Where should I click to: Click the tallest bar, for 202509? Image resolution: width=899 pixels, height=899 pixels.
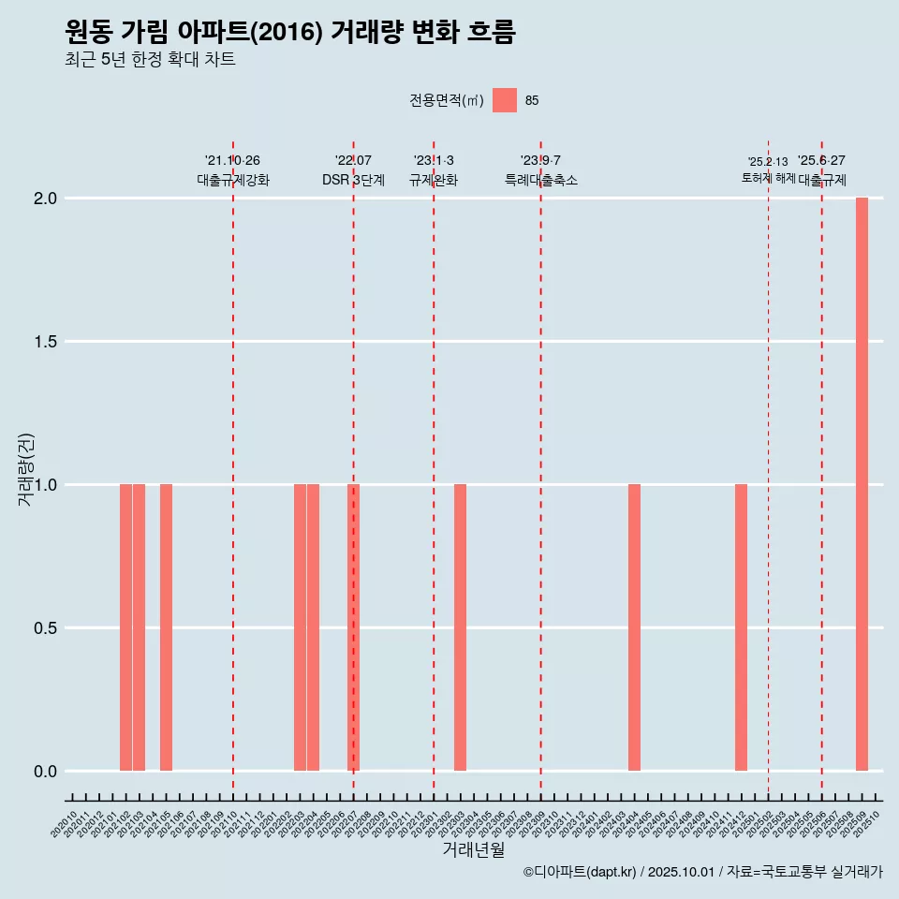click(862, 484)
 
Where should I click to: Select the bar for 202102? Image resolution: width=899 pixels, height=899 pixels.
click(125, 627)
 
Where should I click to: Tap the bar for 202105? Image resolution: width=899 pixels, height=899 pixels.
click(166, 627)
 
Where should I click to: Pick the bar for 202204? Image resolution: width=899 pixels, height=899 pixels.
click(313, 627)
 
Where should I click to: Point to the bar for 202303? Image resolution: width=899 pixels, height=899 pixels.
click(460, 627)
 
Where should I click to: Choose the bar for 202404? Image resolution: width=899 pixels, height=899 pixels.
click(634, 627)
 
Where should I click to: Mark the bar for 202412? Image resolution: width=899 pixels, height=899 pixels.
click(741, 627)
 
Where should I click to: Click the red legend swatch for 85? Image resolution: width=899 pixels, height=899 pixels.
click(505, 100)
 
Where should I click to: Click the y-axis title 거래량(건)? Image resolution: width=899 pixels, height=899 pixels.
click(26, 469)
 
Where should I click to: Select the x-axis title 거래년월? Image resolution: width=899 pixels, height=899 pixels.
click(473, 850)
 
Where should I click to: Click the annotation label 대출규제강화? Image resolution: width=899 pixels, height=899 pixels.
click(233, 180)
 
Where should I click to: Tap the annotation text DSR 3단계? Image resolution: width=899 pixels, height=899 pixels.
click(353, 180)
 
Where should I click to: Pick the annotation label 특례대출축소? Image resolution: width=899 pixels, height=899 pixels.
click(540, 180)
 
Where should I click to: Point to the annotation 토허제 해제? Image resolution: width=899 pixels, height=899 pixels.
click(768, 178)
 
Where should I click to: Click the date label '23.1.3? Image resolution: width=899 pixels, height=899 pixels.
click(434, 160)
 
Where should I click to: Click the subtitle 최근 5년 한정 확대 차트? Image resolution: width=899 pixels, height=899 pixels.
click(150, 60)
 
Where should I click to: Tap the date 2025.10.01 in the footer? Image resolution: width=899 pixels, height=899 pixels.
click(682, 873)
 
